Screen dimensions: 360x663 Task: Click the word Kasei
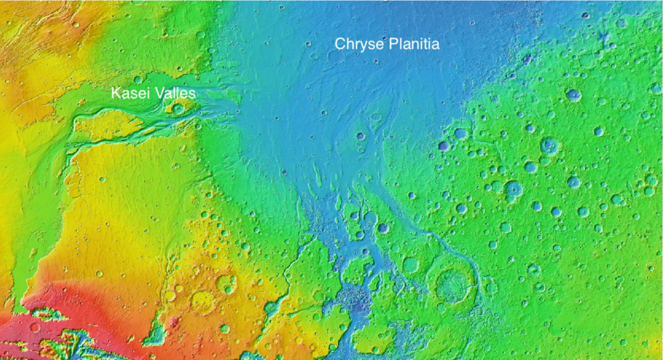tap(128, 93)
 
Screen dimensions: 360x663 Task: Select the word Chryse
tap(357, 44)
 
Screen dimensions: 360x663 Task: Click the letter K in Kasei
tap(115, 93)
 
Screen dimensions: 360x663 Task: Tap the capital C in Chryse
tap(339, 44)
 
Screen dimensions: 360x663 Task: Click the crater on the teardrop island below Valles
tap(179, 108)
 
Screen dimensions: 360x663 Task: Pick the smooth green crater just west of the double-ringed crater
tap(410, 264)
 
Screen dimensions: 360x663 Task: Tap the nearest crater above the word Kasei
tap(137, 80)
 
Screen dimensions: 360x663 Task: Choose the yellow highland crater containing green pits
tap(225, 284)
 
